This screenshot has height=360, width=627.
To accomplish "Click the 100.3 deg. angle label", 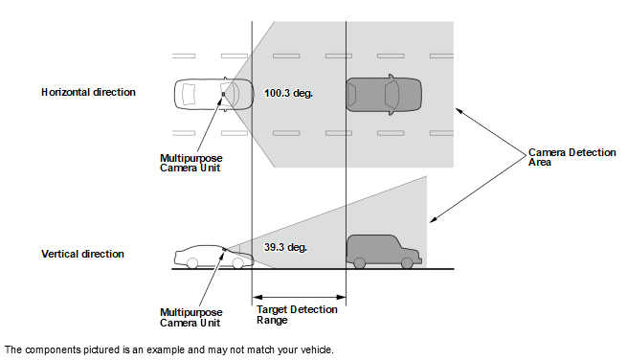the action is tap(288, 93).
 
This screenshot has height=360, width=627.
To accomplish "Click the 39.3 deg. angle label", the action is tap(285, 247).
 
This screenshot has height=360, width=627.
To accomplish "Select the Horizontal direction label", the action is tap(88, 93).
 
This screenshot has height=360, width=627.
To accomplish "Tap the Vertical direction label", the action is tap(82, 254).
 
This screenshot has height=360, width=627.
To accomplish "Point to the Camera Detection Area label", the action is tap(572, 157).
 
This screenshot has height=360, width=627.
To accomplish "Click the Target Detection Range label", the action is tap(297, 315).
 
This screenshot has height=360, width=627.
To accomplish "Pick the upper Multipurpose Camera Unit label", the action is tap(191, 163).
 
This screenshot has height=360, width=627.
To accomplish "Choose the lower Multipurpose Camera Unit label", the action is tap(191, 318).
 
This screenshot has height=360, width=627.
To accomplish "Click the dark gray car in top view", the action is tap(384, 95).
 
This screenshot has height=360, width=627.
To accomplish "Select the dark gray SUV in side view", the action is tap(384, 252).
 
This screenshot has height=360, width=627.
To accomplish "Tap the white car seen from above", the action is tap(213, 95).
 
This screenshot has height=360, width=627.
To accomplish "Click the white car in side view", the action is tap(213, 257).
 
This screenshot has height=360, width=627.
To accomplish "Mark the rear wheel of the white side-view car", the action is tap(192, 263).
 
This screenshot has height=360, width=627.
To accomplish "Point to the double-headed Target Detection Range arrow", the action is tap(299, 297).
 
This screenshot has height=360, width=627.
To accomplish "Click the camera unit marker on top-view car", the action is tap(223, 95).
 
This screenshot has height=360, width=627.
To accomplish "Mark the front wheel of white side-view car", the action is tap(237, 263).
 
